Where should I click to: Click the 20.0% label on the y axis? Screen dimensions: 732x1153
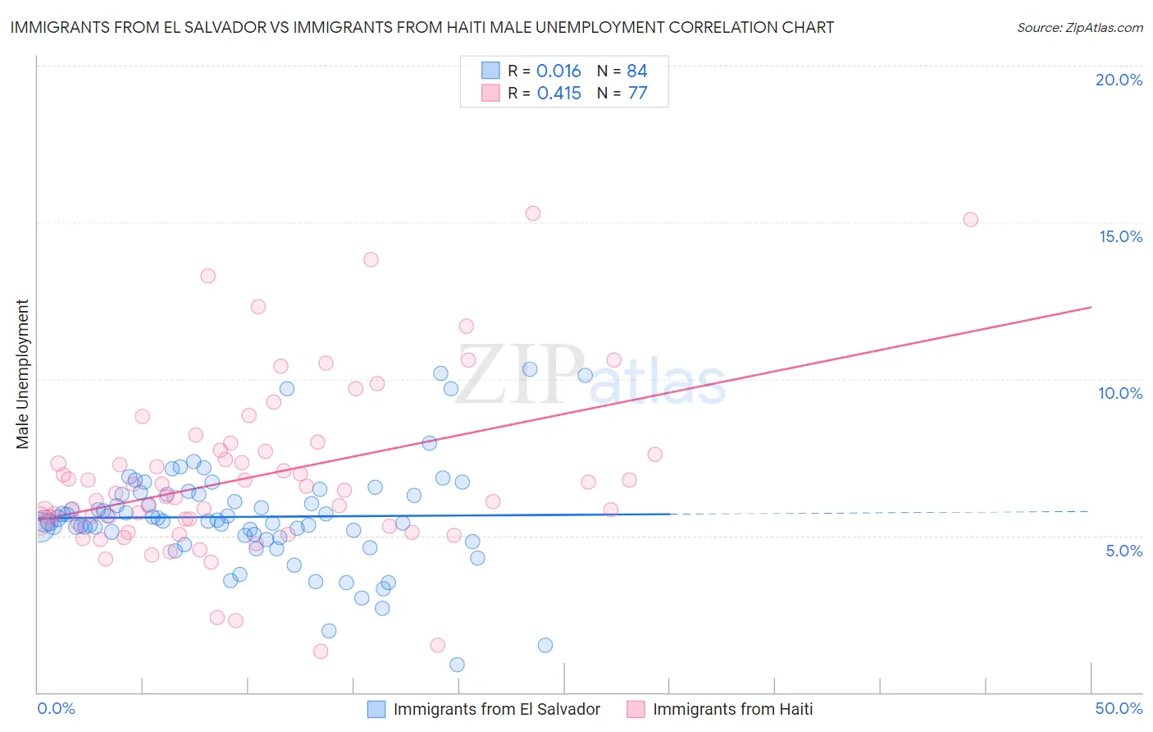(1119, 80)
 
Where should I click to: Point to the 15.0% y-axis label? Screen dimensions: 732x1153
(1120, 236)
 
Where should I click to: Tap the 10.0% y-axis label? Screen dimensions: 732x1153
(1120, 393)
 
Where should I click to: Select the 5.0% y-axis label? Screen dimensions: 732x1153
(1123, 551)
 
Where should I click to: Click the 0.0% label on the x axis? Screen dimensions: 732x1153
(56, 708)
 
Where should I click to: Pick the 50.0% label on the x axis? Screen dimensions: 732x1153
(1119, 708)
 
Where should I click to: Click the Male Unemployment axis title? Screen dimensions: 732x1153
(23, 374)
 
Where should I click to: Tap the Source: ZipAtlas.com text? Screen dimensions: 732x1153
(1079, 27)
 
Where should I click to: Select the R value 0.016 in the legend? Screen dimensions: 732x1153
(558, 71)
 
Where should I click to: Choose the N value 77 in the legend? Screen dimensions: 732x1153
(637, 94)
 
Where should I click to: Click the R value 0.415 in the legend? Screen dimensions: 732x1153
(558, 94)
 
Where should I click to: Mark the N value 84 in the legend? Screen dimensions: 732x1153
(637, 71)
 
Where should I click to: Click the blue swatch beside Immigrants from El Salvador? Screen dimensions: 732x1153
(376, 709)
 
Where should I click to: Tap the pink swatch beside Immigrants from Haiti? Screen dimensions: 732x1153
(636, 709)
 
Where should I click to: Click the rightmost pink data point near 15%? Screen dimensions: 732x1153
(970, 219)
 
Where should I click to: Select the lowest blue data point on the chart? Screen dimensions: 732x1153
(457, 665)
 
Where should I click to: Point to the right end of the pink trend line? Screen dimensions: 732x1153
(1091, 307)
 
